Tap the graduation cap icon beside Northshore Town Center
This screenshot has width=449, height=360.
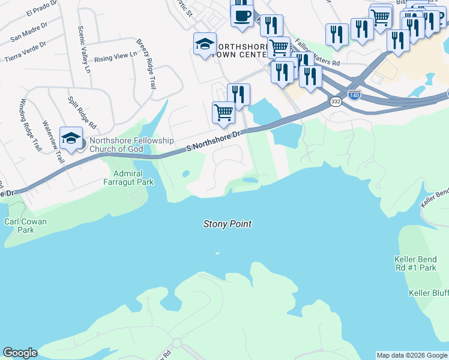point(205,44)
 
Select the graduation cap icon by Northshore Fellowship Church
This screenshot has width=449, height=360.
point(71,139)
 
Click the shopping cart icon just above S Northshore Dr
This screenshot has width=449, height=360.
point(223,112)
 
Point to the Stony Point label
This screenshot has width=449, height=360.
point(227,224)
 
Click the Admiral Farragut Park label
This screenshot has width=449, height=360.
point(130,178)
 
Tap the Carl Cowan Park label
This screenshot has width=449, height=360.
point(25,226)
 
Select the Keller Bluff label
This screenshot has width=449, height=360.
point(428,293)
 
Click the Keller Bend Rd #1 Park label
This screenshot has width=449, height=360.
point(415,263)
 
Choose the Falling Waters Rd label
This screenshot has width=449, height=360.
point(318,53)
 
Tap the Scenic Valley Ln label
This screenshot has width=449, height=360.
point(83,50)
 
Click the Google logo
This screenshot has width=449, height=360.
point(20,353)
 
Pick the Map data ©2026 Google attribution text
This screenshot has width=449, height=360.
point(412,355)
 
